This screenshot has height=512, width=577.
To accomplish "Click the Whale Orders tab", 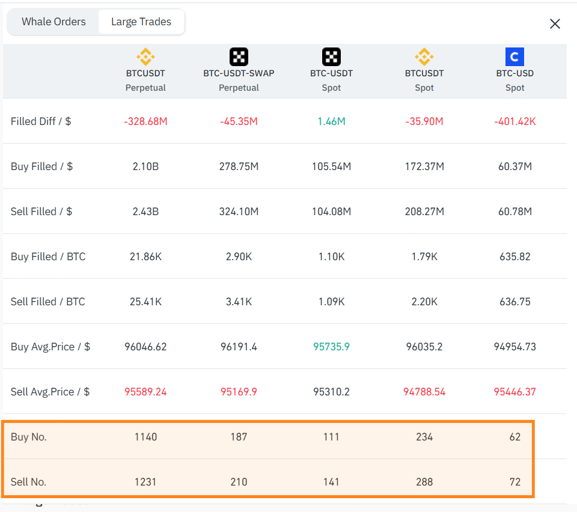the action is [x=53, y=22].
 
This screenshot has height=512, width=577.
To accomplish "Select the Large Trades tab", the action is [x=141, y=22].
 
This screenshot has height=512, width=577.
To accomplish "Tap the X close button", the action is [x=555, y=24].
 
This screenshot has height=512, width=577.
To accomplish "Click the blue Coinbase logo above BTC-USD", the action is [x=514, y=56].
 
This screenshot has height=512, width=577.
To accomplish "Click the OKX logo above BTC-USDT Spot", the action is [x=331, y=56].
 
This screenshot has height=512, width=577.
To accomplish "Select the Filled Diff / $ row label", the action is [x=41, y=121].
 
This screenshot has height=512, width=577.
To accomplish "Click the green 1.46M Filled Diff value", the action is [x=331, y=121].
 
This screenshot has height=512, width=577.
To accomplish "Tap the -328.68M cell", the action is [x=145, y=121].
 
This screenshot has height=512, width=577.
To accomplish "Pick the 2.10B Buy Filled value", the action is [x=145, y=166].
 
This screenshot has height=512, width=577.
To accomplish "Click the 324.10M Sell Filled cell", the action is [x=239, y=212].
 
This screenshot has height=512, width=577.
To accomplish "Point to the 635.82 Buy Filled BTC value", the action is [x=515, y=257].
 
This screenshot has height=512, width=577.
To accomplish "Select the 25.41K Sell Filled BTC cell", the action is [x=145, y=302].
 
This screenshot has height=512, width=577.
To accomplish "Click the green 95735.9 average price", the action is [x=331, y=347].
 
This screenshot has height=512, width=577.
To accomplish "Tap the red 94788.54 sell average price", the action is [x=424, y=392].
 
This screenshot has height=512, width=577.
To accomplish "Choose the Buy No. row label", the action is [x=29, y=437].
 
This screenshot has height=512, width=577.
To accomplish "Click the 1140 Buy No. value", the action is [x=145, y=437].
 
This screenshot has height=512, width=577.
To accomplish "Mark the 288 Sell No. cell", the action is [x=424, y=482].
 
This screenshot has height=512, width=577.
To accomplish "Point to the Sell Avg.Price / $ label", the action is [x=50, y=392].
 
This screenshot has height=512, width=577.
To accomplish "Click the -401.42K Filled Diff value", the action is [x=515, y=121].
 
